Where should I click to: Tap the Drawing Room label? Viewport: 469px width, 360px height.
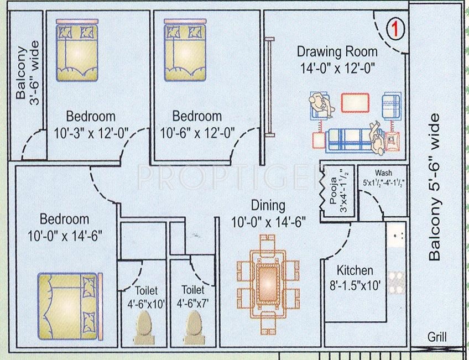337,52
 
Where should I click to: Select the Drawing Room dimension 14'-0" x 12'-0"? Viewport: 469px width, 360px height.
337,68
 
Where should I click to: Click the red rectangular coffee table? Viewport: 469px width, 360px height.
355,103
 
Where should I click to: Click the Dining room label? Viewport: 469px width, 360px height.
268,206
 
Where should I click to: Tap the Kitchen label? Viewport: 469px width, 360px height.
355,271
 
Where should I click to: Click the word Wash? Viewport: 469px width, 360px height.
383,173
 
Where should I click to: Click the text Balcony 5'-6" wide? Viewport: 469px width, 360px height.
435,186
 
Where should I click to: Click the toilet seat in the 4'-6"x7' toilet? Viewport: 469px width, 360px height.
193,325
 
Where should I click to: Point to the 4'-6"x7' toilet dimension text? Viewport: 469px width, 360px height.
192,303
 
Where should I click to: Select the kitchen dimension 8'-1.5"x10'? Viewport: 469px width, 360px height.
355,286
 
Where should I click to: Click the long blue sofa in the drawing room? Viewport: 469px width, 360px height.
348,140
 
